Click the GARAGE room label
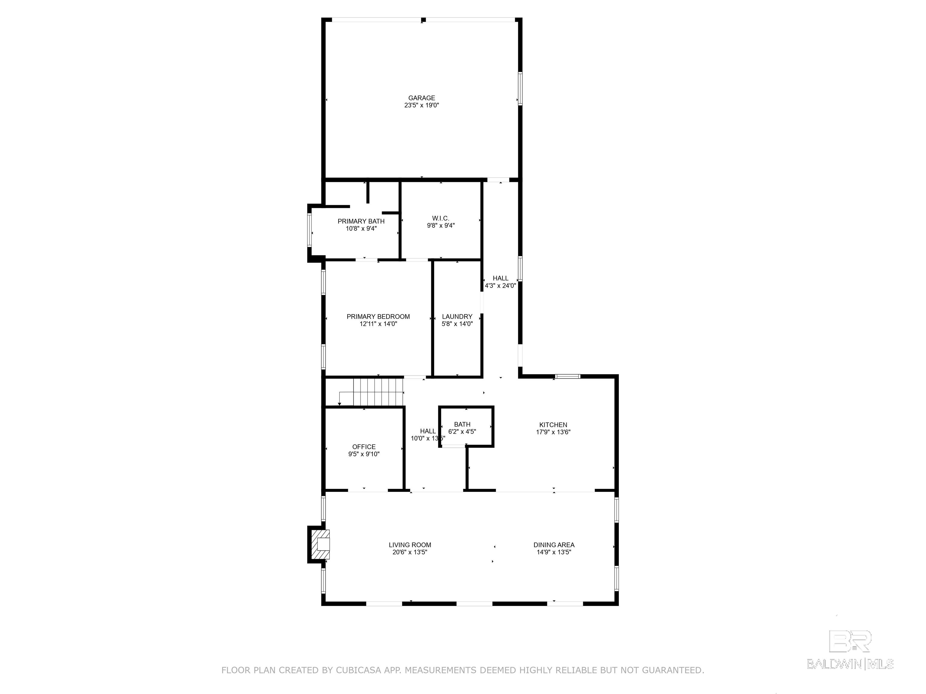422,98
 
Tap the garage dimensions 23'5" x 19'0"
422,105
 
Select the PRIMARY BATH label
361,221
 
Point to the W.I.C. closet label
440,218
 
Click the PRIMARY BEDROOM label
378,317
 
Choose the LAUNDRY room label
457,317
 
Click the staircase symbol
371,392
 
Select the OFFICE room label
364,447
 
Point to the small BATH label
462,424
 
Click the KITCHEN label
553,425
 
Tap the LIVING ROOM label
410,545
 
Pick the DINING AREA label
554,545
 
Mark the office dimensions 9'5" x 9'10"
364,454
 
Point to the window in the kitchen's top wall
568,376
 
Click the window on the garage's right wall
520,88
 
